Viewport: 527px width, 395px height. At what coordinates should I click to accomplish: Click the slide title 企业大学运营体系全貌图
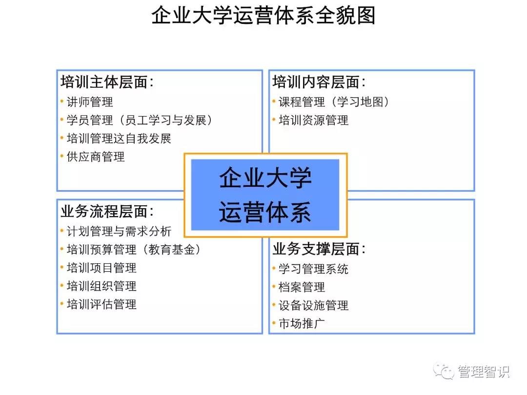coord(263,16)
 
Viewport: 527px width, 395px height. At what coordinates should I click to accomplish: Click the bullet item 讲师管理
coord(90,102)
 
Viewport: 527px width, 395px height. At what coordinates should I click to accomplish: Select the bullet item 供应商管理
coord(96,157)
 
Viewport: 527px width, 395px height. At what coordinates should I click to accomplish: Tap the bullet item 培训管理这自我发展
coord(119,138)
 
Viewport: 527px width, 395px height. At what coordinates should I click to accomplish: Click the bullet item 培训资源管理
coord(313,120)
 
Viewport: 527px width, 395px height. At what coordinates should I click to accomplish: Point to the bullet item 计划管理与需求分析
coord(119,231)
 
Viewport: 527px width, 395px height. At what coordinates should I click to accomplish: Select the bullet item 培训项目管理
coord(101,268)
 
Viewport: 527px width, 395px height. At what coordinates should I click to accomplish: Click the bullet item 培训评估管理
coord(101,304)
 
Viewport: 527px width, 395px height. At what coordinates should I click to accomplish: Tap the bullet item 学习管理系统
coord(313,269)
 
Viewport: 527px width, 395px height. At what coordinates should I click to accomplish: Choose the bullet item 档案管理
coord(302,287)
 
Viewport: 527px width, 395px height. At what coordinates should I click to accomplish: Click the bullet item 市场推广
coord(302,323)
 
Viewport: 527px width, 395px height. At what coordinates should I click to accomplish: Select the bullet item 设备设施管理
coord(313,306)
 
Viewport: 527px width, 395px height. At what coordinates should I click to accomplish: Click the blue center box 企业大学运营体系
coord(265,195)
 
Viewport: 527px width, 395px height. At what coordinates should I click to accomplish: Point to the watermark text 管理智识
coord(484,372)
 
